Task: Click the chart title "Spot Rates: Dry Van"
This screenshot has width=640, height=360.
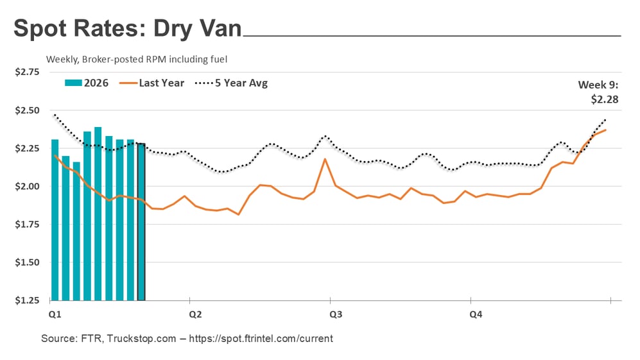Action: point(127,29)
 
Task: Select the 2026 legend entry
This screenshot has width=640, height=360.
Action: point(87,83)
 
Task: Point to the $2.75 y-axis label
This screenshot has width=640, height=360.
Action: point(26,73)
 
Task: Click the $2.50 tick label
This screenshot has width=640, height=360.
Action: point(26,110)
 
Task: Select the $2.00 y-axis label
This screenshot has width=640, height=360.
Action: point(26,187)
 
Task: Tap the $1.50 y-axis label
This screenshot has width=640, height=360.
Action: point(26,262)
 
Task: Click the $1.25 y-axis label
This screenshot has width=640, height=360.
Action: point(26,300)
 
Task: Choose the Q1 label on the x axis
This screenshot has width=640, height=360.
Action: point(55,314)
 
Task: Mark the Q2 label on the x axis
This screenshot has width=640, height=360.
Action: point(195,314)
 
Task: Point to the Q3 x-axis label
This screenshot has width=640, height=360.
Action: point(335,314)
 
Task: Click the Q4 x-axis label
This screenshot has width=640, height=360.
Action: point(476,314)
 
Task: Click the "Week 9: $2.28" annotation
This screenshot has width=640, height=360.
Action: point(598,92)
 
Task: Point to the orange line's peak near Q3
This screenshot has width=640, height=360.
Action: point(325,159)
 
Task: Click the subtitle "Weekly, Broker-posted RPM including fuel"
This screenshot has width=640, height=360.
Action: point(137,59)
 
